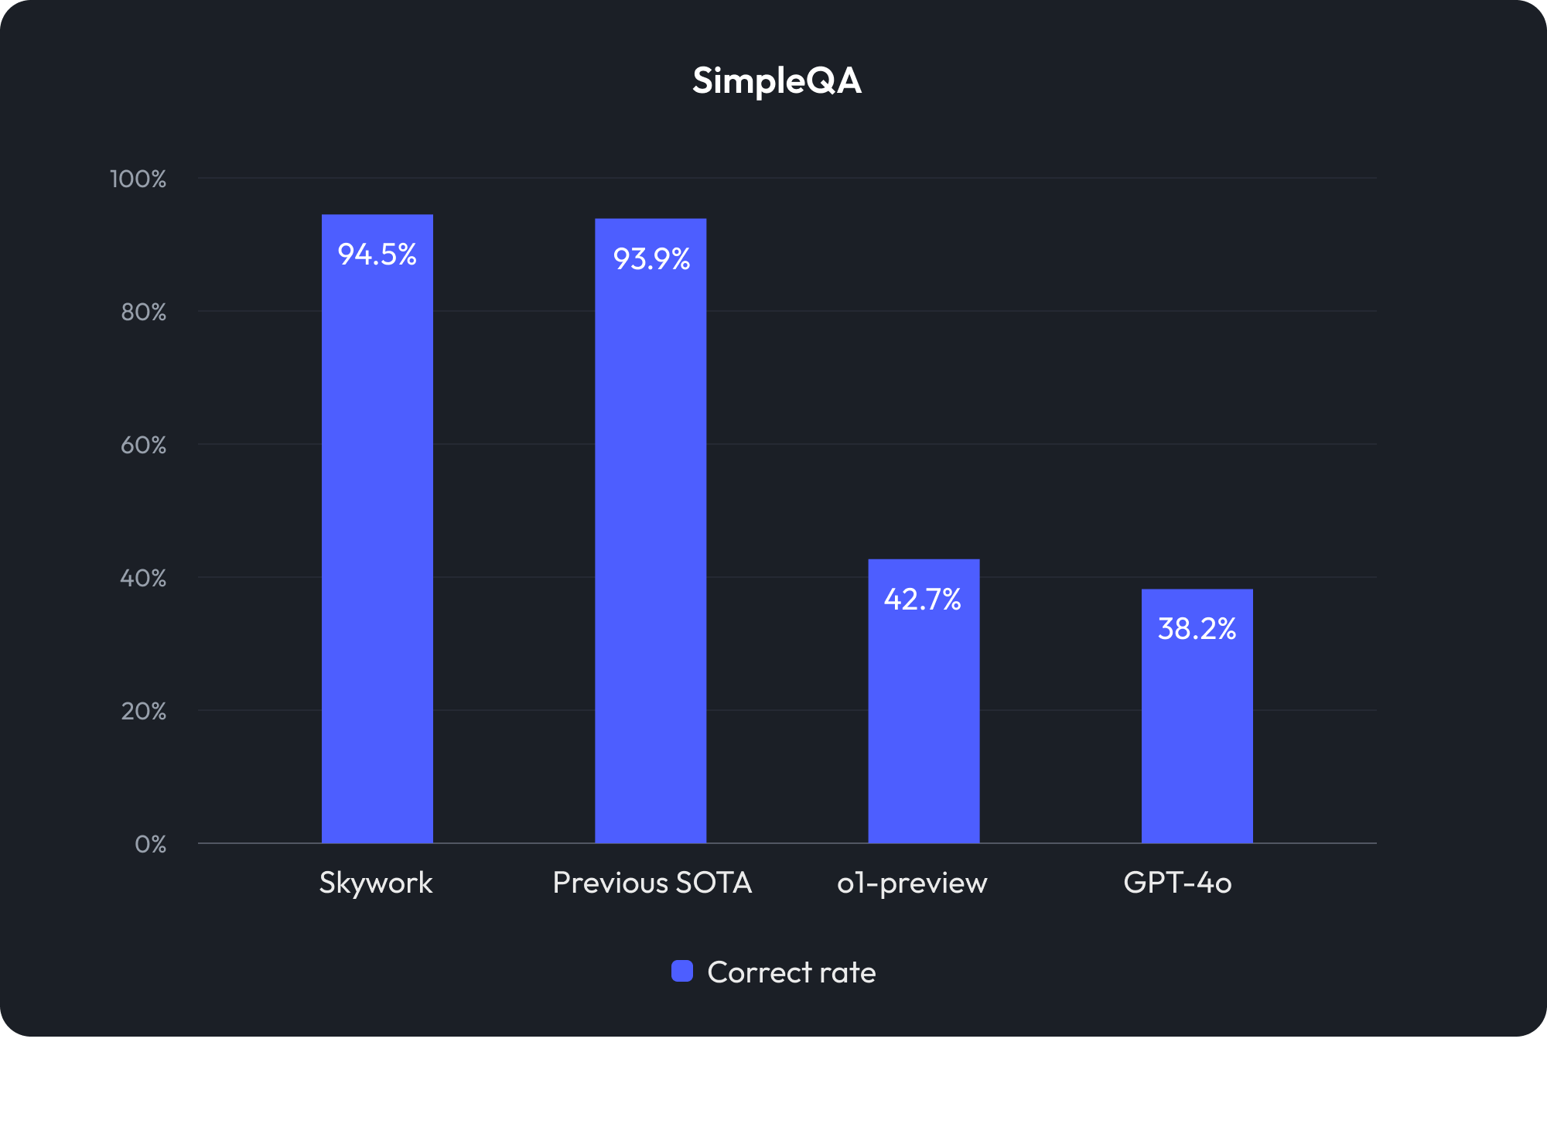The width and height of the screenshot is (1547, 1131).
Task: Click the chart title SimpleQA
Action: (x=777, y=81)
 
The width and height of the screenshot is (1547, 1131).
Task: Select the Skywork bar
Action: (x=377, y=542)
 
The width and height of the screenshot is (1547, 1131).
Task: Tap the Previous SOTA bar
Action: (x=651, y=542)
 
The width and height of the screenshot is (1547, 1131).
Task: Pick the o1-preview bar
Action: (x=924, y=712)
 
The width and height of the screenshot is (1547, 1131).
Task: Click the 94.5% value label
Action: (x=377, y=255)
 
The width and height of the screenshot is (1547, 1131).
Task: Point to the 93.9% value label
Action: (x=651, y=259)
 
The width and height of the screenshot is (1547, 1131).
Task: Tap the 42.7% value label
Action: (x=923, y=600)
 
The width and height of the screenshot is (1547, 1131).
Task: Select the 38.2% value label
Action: (x=1197, y=629)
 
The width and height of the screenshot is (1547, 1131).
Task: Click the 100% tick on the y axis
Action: (x=138, y=179)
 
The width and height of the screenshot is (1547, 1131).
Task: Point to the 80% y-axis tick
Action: (x=143, y=313)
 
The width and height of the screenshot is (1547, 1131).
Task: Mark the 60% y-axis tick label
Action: (x=143, y=446)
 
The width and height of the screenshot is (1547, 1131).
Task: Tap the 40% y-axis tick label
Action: (x=143, y=579)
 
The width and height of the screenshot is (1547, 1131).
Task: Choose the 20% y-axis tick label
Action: (x=143, y=712)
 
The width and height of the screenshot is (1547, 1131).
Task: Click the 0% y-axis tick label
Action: (x=150, y=844)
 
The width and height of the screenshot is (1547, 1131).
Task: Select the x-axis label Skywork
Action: (x=376, y=883)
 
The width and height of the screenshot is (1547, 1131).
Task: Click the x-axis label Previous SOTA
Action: (x=652, y=883)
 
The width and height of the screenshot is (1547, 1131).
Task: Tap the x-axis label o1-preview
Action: (x=912, y=883)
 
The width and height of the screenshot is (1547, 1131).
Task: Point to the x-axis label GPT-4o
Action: (x=1177, y=883)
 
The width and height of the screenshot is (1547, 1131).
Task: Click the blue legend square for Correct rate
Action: (x=682, y=971)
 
